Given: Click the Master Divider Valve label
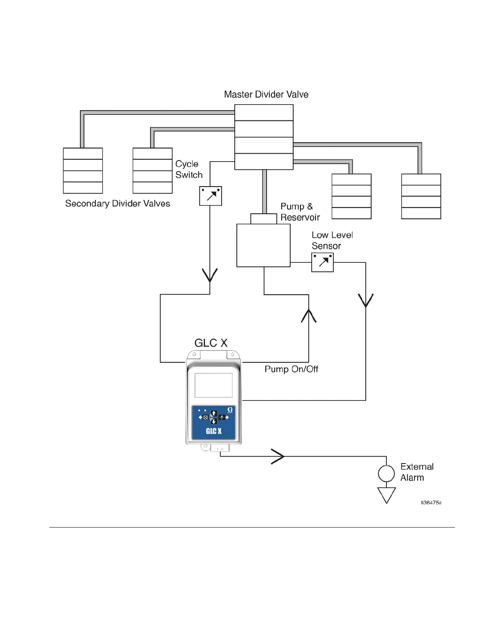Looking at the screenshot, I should tap(266, 95).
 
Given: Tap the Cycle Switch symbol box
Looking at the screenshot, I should tap(210, 196).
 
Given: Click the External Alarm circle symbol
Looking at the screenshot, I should tap(386, 473).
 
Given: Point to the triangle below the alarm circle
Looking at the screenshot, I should tap(386, 494).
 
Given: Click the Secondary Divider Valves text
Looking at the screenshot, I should tap(118, 204).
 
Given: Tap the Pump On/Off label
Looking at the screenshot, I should tap(291, 369).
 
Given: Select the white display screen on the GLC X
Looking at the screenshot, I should tap(213, 385).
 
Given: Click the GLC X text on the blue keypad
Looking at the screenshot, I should tap(213, 431).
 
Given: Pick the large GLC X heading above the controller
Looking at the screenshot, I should tap(211, 343).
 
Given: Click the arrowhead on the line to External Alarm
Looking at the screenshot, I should tap(278, 457).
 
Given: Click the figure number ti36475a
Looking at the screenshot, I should tap(431, 503).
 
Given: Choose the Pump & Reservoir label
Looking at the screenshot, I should tap(300, 212).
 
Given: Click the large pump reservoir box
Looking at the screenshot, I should tap(263, 245).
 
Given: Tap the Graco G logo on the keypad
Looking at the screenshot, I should tap(230, 410).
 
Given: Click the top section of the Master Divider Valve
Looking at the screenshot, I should tap(264, 112).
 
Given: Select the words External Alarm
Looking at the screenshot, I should tap(417, 472).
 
